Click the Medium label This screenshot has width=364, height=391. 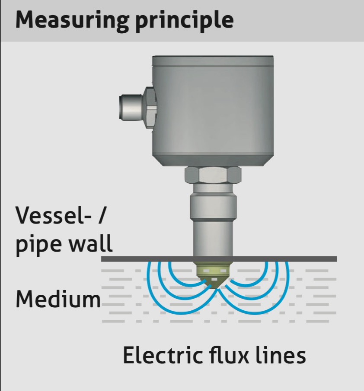[58, 299]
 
